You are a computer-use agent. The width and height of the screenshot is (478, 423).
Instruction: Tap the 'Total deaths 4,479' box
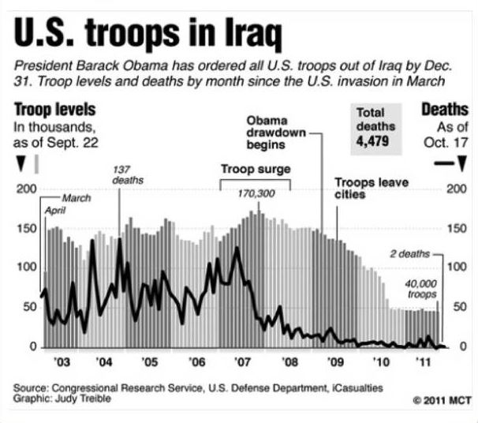point(375,129)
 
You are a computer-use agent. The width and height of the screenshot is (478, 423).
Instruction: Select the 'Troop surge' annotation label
point(255,169)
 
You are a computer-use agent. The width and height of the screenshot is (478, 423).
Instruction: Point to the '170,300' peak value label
point(255,194)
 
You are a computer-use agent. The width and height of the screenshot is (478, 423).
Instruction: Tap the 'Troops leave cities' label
point(372,188)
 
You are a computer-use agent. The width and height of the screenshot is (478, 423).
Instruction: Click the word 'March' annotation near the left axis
point(76,197)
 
